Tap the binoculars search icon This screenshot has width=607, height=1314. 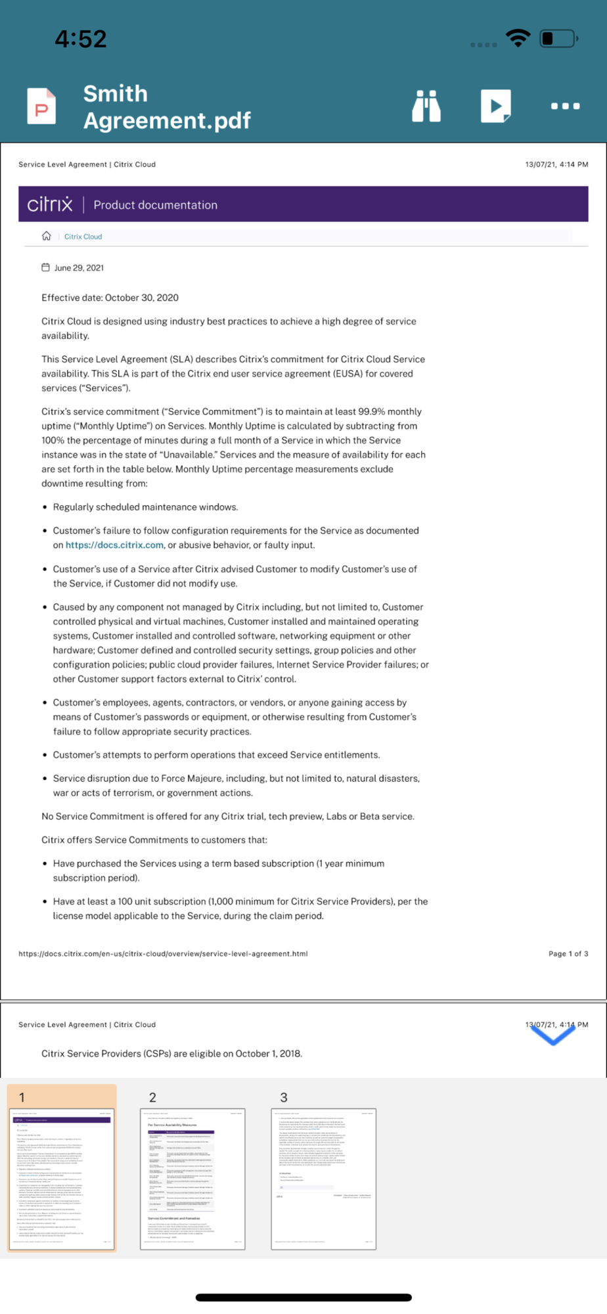coord(426,106)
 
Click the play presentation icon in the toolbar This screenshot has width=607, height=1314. coord(496,106)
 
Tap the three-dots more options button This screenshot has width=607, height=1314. coord(565,106)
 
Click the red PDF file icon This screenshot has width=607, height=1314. coord(41,106)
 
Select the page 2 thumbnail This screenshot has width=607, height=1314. coord(192,1179)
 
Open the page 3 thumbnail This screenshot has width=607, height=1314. coord(323,1179)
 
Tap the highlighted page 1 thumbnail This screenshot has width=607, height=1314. coord(62,1179)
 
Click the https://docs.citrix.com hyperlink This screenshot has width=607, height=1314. coord(114,545)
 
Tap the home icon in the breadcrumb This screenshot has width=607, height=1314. coord(47,237)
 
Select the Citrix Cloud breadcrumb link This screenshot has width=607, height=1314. coord(83,237)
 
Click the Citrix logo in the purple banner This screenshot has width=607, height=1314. coord(50,204)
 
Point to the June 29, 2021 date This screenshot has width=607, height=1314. coord(79,268)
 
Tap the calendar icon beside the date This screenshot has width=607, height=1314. coord(45,267)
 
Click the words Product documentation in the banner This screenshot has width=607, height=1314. coord(155,205)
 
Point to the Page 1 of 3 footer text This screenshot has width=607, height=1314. coord(568,953)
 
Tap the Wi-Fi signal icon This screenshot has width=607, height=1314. coord(518,38)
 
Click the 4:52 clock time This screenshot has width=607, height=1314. coord(80,39)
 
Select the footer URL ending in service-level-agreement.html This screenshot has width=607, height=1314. coord(163,953)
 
